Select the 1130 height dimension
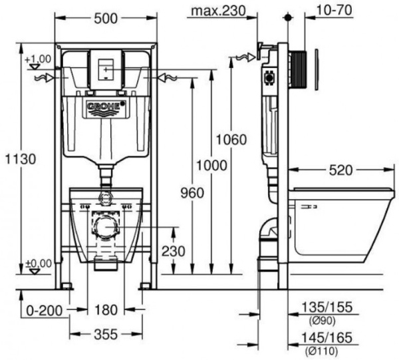click(x=18, y=160)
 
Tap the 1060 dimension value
click(x=232, y=140)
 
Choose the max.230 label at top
click(x=217, y=11)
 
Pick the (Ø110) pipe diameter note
click(x=321, y=351)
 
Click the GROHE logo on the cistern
click(x=105, y=107)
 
